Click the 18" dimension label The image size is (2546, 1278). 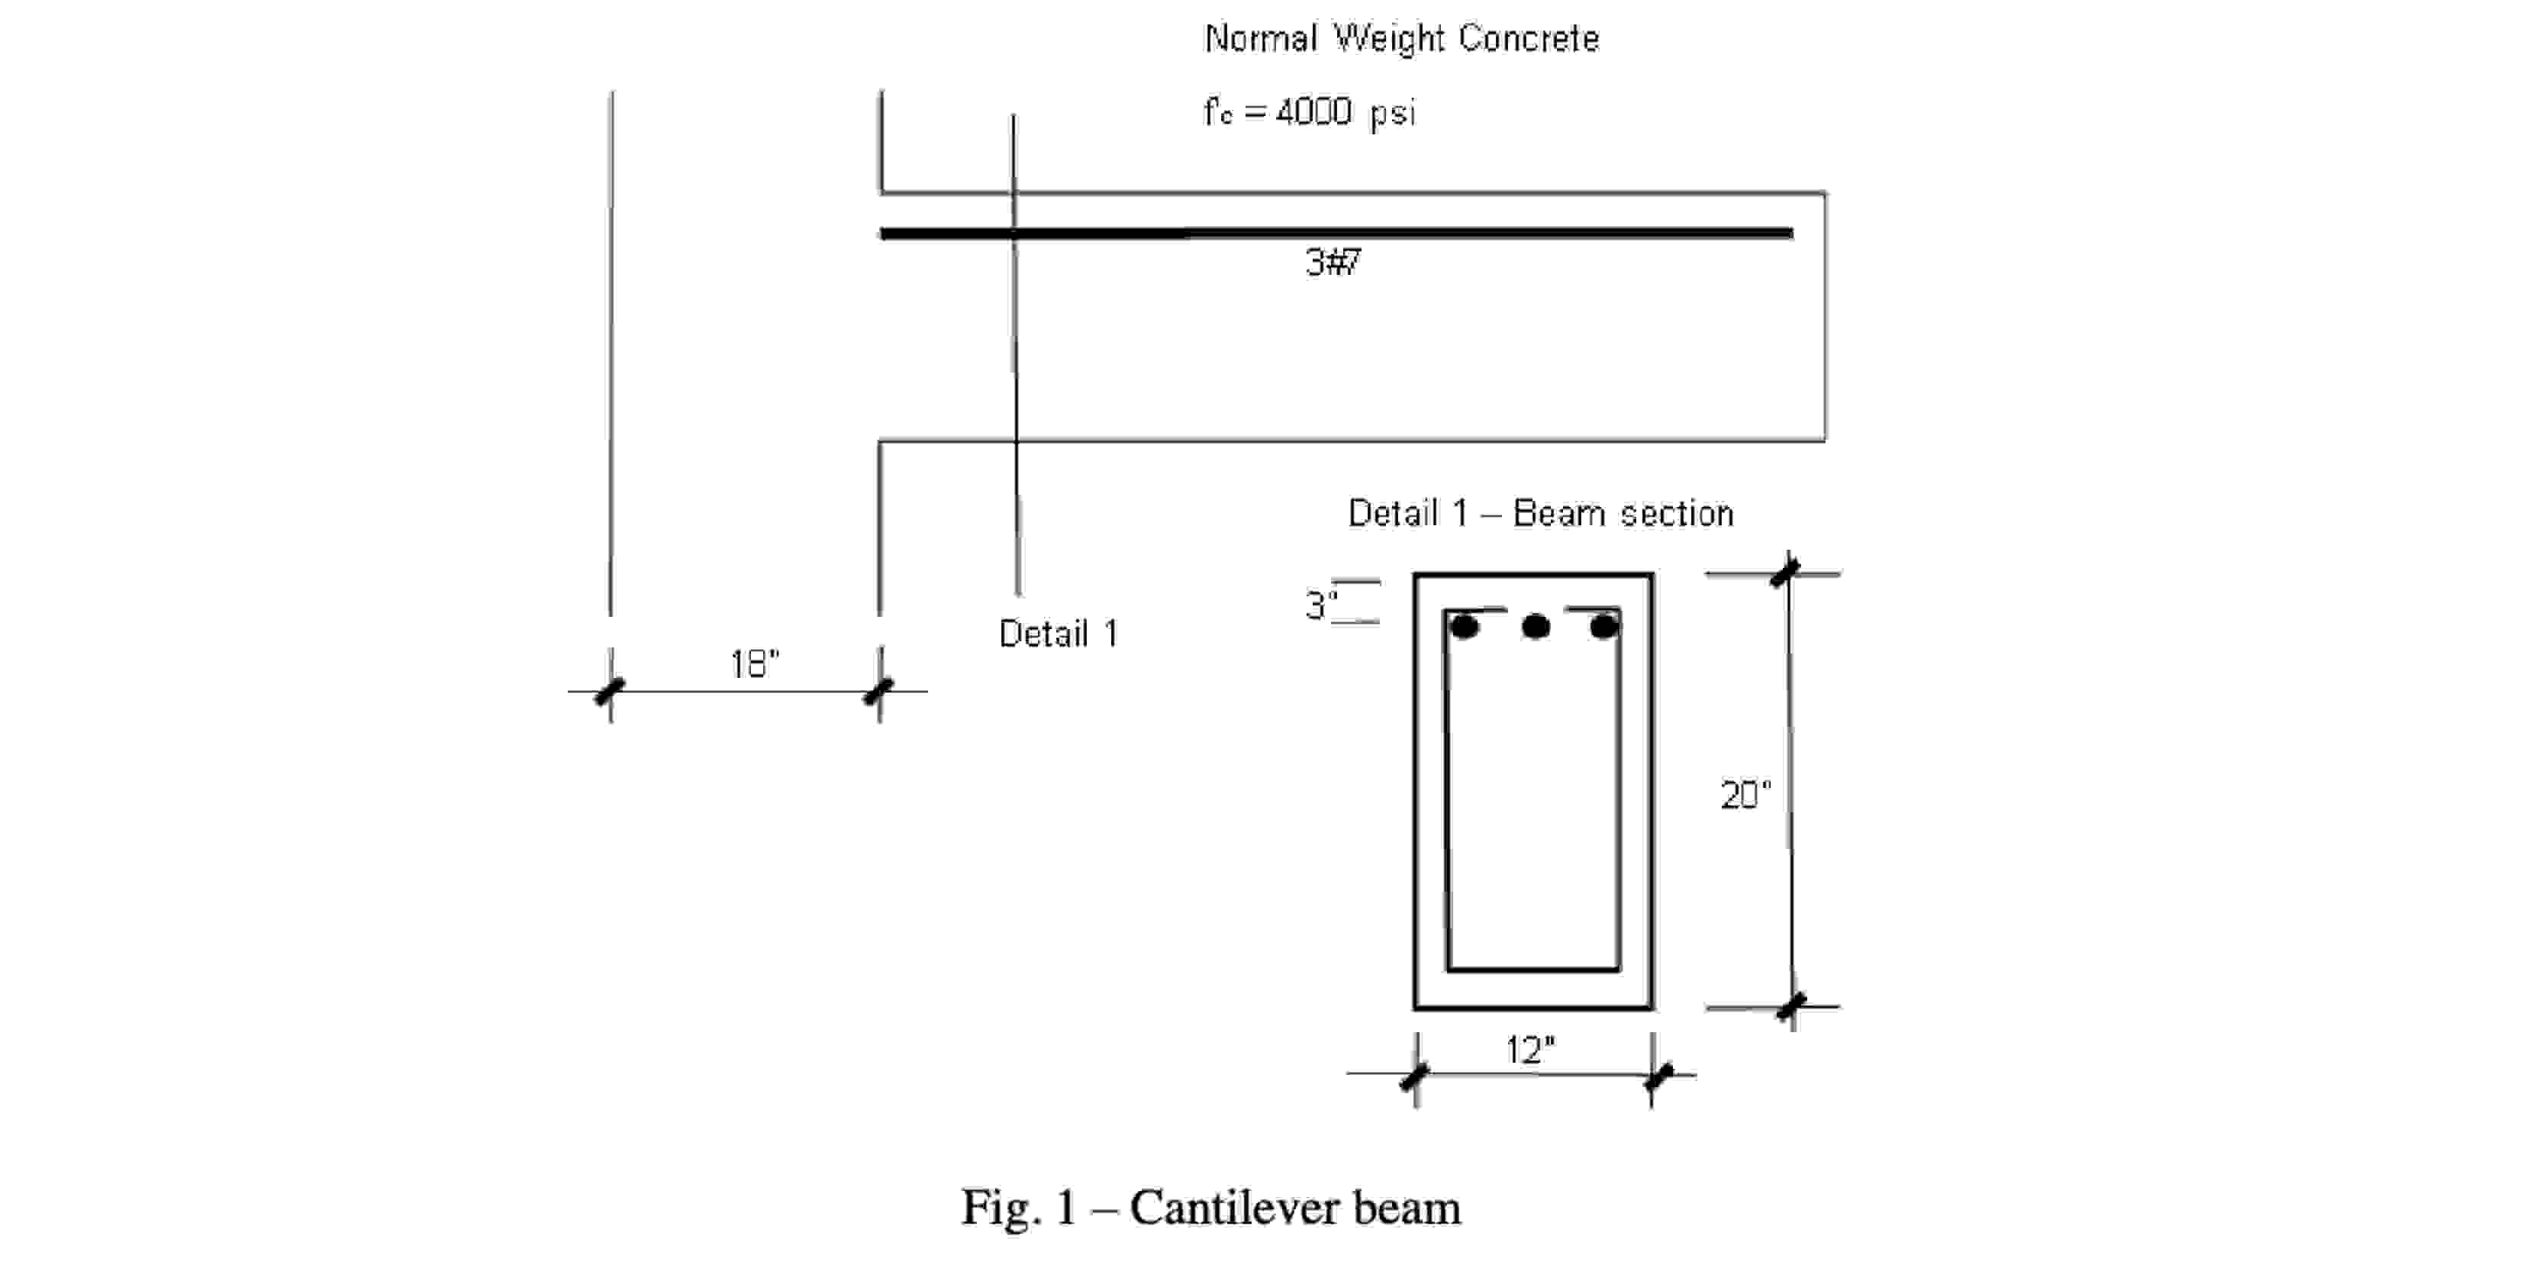point(754,664)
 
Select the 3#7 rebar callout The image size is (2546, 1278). point(1333,262)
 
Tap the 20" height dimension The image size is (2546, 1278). point(1745,796)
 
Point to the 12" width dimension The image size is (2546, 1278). point(1530,1050)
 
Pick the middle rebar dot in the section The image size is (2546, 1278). point(1535,627)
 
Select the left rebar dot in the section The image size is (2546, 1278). point(1464,627)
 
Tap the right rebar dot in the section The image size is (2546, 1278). point(1604,627)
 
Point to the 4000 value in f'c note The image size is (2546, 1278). point(1313,111)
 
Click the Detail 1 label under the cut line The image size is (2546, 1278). point(1058,634)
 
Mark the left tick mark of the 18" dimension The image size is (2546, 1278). point(610,691)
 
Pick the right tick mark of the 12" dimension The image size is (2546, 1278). point(1658,1076)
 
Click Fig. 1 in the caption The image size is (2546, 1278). point(1019,1208)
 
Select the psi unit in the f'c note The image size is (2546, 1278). point(1391,114)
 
